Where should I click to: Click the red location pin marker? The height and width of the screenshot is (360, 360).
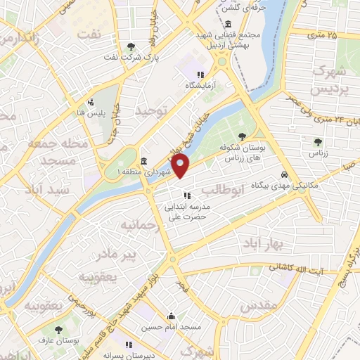181,167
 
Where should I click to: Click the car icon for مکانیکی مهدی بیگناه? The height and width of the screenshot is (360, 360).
283,174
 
